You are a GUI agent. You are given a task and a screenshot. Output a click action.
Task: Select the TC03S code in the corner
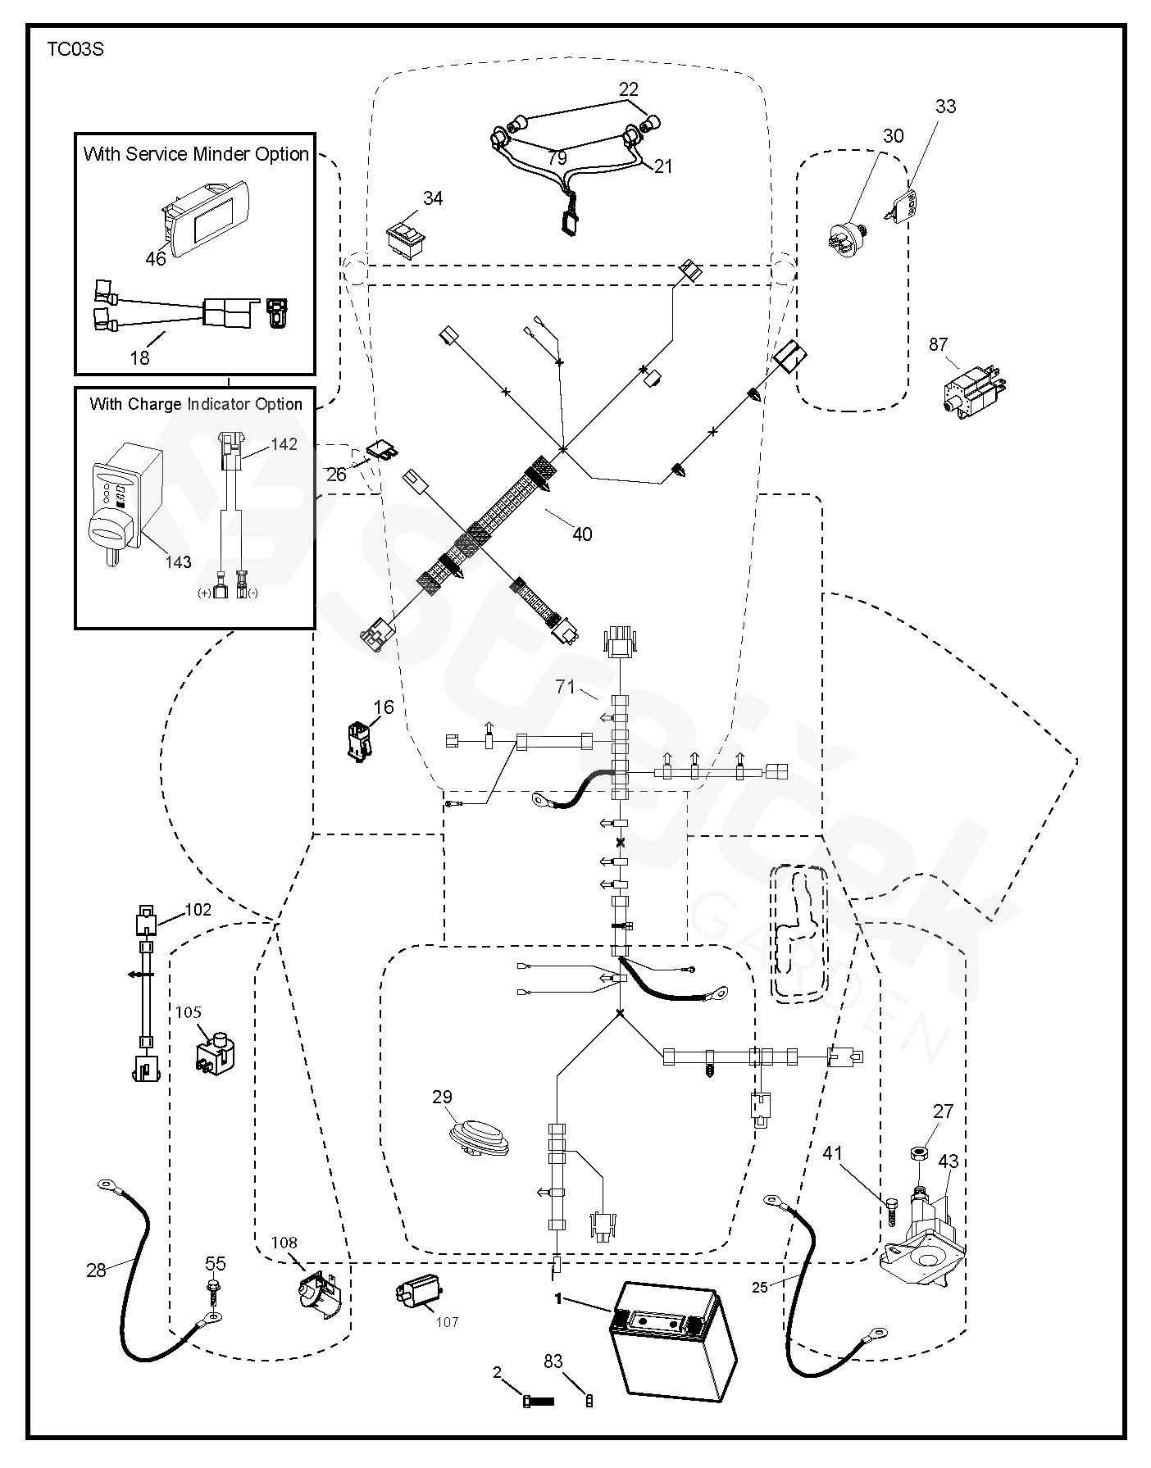(x=75, y=49)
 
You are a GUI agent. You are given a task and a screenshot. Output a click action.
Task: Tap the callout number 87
(x=939, y=345)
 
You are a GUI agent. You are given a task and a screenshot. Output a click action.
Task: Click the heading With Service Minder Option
(x=196, y=154)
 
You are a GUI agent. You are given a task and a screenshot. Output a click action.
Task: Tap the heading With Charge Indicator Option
(x=196, y=404)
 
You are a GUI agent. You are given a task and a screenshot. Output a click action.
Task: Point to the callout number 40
(x=582, y=534)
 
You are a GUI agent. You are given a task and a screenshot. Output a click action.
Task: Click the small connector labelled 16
(x=360, y=740)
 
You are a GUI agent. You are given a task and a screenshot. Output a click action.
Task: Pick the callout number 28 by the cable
(x=96, y=1270)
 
